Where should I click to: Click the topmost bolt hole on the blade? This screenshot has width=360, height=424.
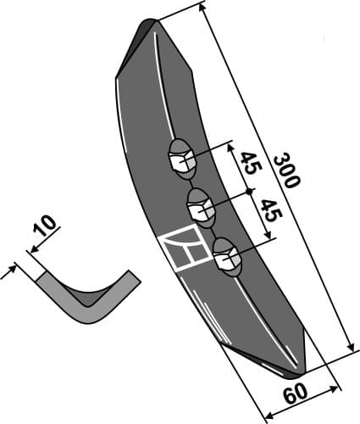coord(182,158)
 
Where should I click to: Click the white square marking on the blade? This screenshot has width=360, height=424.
coord(182,249)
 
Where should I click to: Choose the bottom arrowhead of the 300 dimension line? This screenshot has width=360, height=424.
coord(350,349)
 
